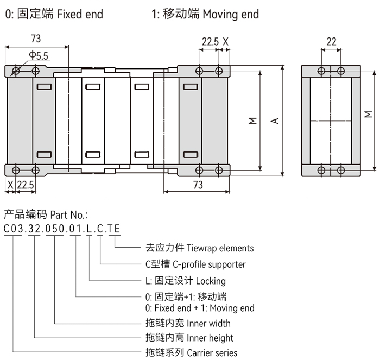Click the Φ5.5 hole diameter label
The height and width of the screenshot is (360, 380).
[39, 55]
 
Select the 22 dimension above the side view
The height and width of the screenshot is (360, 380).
[332, 41]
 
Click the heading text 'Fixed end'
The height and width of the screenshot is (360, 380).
[80, 14]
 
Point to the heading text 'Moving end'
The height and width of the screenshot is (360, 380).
[231, 14]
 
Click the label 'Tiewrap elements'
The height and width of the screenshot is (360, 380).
[220, 248]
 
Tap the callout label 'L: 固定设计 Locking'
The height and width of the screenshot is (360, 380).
[185, 281]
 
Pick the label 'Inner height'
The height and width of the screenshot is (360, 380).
[214, 338]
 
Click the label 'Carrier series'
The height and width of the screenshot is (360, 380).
[212, 352]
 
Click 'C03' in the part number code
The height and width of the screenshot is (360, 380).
[13, 228]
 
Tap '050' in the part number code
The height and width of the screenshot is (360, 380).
[54, 228]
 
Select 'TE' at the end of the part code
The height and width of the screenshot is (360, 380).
[114, 228]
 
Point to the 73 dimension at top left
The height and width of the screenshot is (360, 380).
[36, 39]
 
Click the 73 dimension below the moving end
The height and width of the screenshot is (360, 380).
[198, 185]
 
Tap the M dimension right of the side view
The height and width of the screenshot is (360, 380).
[369, 115]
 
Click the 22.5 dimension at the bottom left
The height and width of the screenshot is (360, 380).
[25, 185]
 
